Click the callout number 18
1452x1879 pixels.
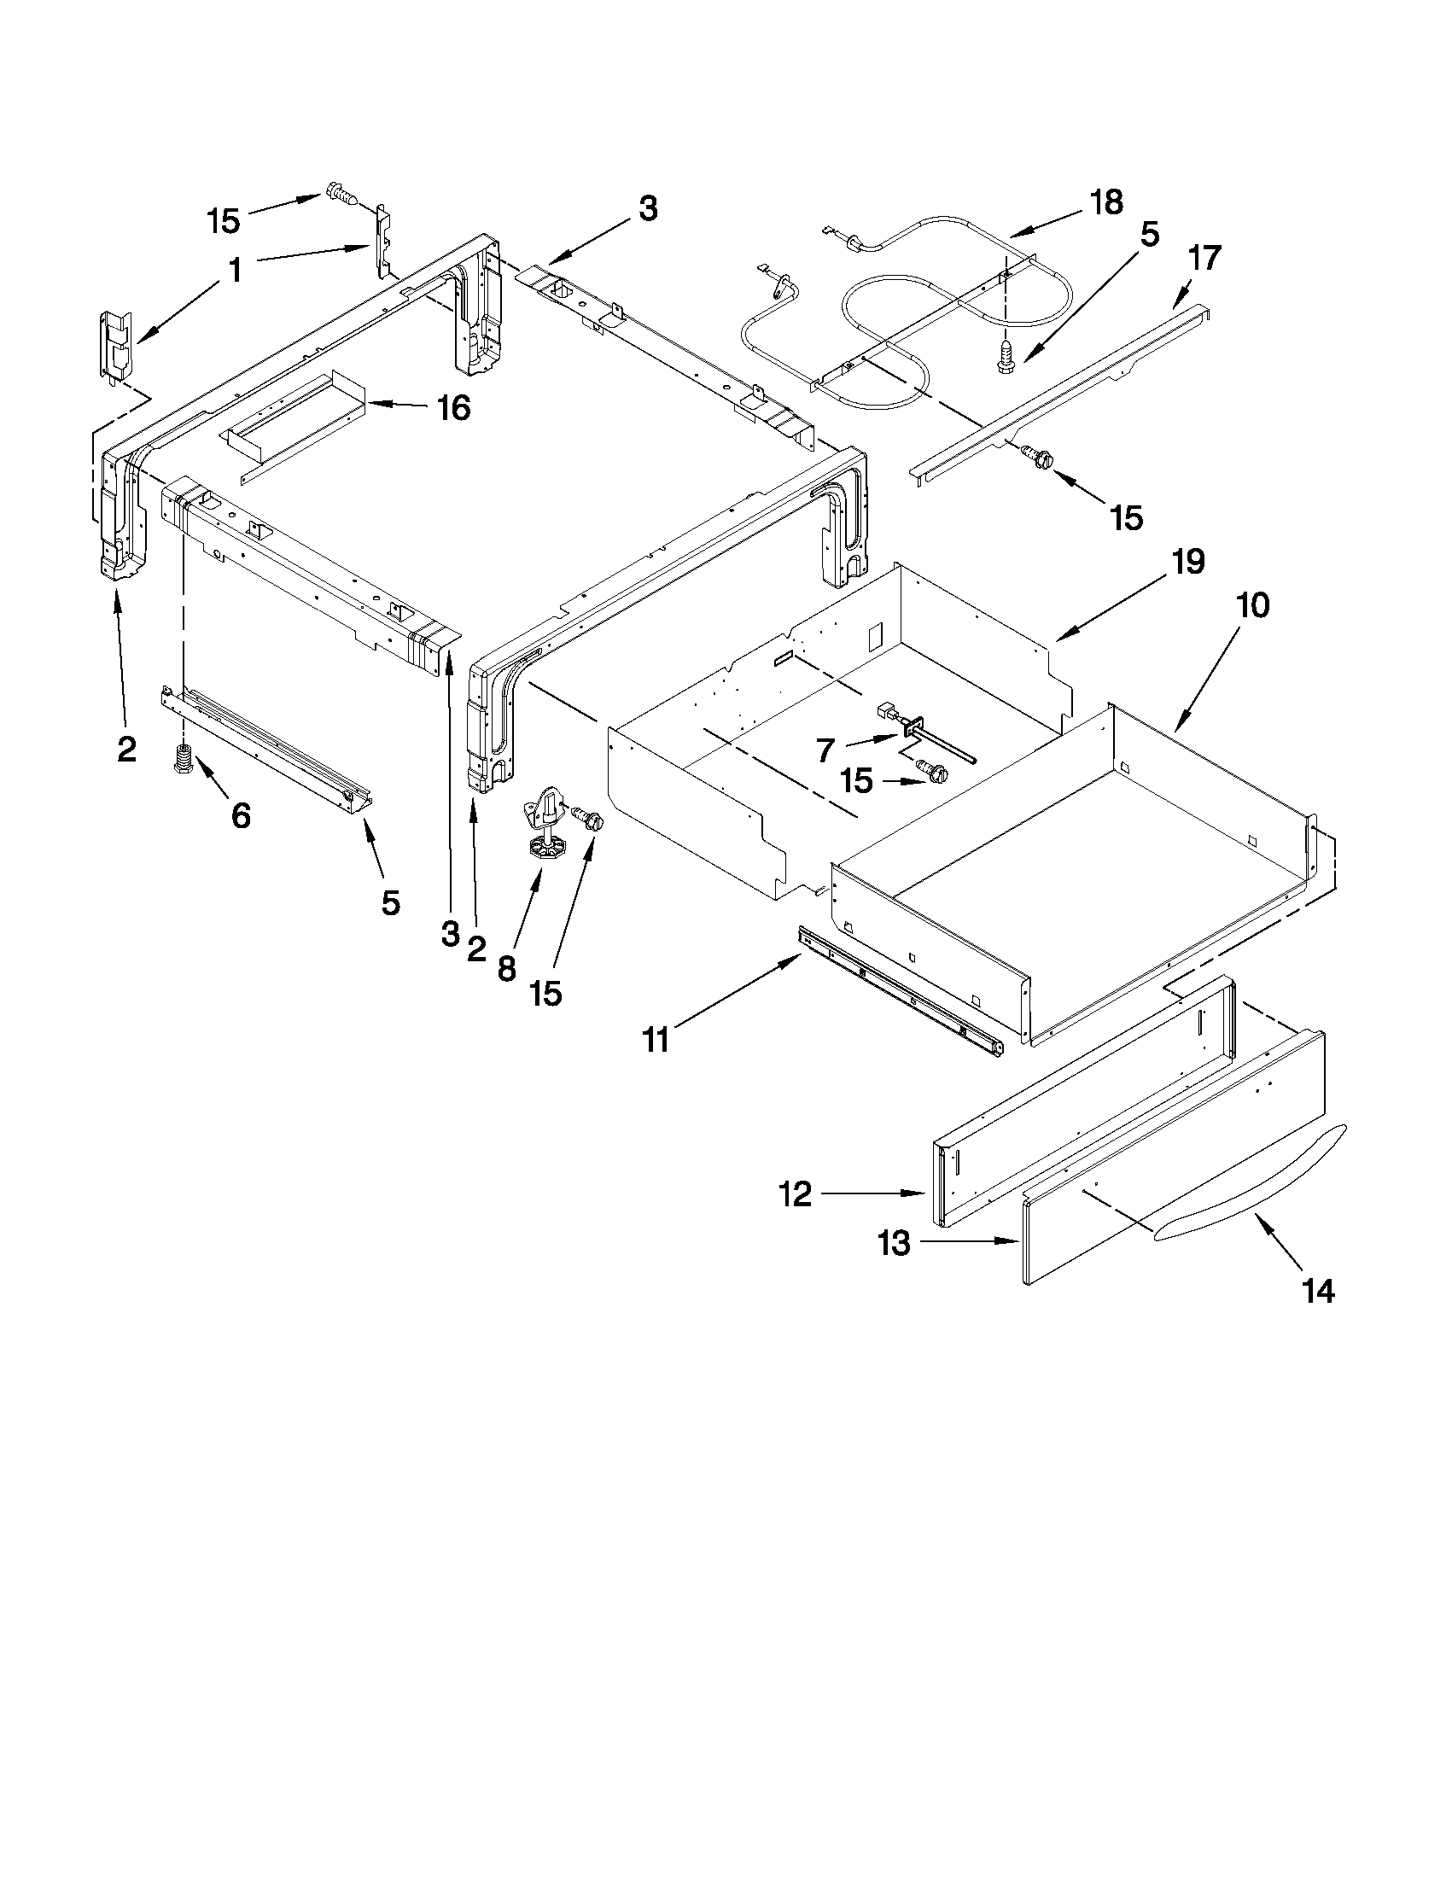point(1105,203)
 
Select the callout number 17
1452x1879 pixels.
point(1204,257)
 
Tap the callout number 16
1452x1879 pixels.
point(453,408)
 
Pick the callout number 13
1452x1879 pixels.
point(895,1242)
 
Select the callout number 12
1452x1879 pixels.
point(796,1193)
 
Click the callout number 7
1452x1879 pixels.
point(825,751)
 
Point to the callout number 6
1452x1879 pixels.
point(242,814)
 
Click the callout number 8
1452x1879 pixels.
point(507,970)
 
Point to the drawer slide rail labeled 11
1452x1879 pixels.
point(901,991)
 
